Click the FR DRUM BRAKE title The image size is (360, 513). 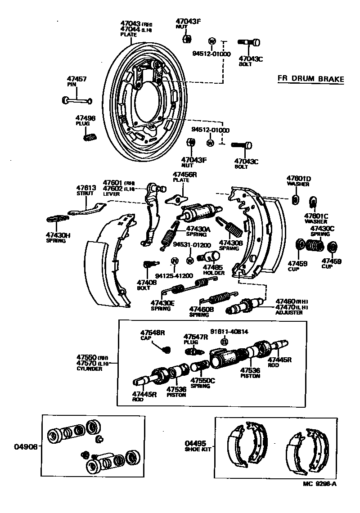pos(310,79)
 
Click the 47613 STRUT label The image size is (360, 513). pos(85,190)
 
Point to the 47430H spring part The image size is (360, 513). pos(57,219)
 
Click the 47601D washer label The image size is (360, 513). pos(299,181)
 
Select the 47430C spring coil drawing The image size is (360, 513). pos(315,246)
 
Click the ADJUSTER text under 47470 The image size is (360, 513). pos(289,312)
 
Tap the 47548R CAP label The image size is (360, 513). pos(153,335)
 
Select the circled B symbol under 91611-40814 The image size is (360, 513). pos(224,342)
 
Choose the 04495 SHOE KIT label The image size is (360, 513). pos(198,445)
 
